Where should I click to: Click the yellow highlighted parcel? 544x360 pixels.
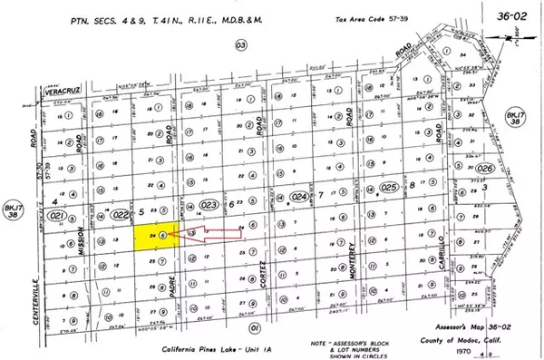(151, 238)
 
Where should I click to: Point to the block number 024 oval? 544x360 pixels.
(299, 196)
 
